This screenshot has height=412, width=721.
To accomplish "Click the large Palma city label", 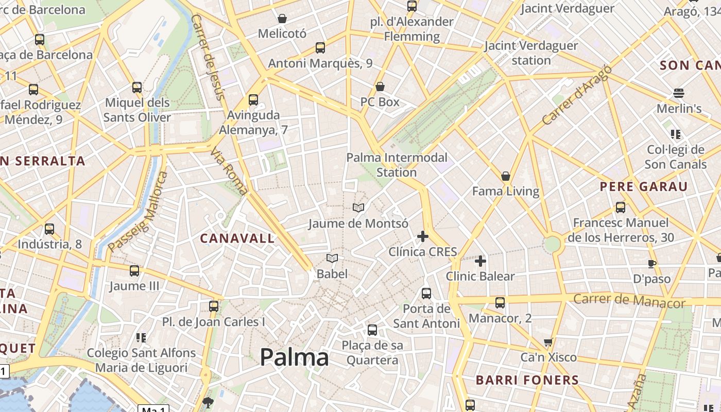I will point(294,357).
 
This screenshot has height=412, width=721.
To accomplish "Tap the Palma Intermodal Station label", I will point(397,165).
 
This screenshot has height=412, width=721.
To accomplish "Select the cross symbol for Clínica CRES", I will point(423,236).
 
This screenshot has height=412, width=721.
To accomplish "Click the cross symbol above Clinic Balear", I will point(480,261).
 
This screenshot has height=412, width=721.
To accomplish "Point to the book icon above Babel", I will point(332,258).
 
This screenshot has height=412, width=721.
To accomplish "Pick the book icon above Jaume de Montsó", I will point(358,208).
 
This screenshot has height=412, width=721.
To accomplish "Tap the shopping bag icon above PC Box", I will point(380,86).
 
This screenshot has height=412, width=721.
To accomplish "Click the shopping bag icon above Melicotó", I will point(282,19).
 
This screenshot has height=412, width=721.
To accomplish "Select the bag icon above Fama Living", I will point(506,176).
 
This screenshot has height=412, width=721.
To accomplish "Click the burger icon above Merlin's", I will point(679,93).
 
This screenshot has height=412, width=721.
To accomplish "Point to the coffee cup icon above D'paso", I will point(651,264).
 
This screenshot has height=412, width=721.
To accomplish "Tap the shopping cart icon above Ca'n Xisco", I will point(548,342).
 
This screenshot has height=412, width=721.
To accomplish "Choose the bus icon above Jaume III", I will point(134,270).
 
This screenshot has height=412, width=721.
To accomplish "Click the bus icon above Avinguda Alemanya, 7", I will point(253,100).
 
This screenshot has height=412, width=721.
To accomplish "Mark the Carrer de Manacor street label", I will point(629,300).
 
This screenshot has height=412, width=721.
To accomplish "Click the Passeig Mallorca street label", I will point(138,212).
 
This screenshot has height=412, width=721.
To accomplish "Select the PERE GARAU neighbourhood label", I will point(644,186).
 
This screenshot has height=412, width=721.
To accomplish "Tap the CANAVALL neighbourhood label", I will point(237,238).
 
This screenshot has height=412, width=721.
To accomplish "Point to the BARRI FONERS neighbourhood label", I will point(527,381).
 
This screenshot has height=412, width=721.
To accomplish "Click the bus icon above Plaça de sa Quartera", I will point(372,330).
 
